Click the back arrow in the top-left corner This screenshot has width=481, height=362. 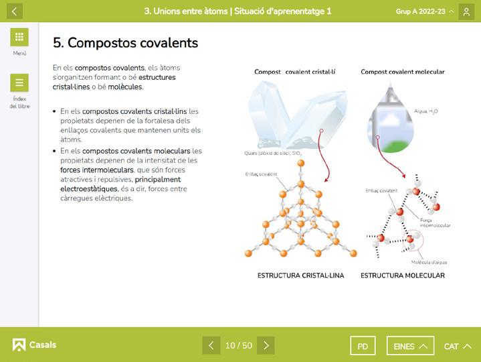pyautogui.click(x=13, y=11)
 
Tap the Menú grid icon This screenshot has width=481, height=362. pyautogui.click(x=19, y=38)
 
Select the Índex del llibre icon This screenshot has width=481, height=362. pyautogui.click(x=19, y=83)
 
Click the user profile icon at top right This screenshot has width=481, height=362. pyautogui.click(x=466, y=11)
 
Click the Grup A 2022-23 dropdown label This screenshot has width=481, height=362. pyautogui.click(x=424, y=11)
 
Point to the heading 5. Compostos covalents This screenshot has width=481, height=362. pyautogui.click(x=126, y=43)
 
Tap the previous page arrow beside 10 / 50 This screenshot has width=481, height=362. pyautogui.click(x=211, y=345)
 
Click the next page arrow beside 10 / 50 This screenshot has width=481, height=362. pyautogui.click(x=266, y=345)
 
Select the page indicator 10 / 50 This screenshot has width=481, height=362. pyautogui.click(x=239, y=345)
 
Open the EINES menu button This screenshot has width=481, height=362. pyautogui.click(x=410, y=346)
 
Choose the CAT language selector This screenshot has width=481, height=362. pyautogui.click(x=458, y=346)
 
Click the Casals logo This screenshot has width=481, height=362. pyautogui.click(x=34, y=345)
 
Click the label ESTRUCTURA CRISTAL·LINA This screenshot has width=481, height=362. pyautogui.click(x=300, y=276)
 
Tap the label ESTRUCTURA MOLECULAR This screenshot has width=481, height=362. pyautogui.click(x=403, y=276)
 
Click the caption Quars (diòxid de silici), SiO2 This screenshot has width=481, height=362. pyautogui.click(x=273, y=154)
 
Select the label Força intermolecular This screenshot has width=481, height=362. pyautogui.click(x=435, y=223)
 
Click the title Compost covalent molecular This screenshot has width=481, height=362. pyautogui.click(x=403, y=72)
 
